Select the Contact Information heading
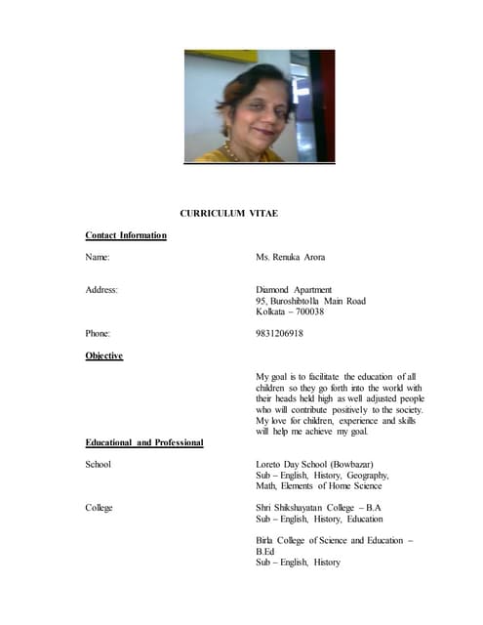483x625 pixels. [126, 235]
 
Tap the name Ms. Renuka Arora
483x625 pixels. [290, 257]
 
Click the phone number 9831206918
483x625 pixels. [279, 333]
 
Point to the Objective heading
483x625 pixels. [104, 355]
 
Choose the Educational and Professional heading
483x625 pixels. [144, 442]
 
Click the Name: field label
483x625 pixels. [98, 257]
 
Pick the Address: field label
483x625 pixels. [102, 290]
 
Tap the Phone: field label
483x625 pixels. [99, 333]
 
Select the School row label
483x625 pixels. [99, 464]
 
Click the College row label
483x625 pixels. [100, 508]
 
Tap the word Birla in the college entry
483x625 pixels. [266, 540]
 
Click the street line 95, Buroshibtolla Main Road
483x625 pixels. [310, 301]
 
